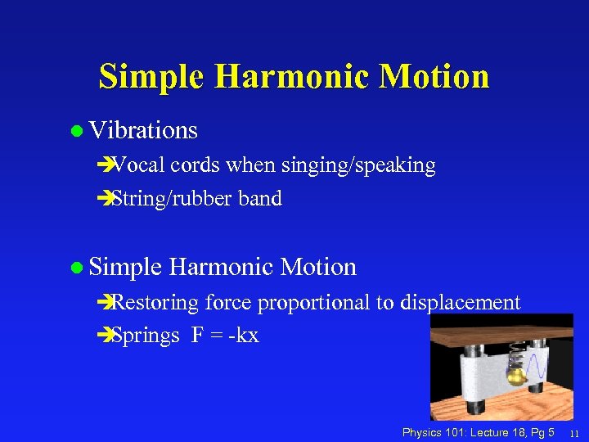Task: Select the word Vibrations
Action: tap(143, 130)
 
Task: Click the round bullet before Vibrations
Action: tap(76, 131)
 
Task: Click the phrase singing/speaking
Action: tap(357, 165)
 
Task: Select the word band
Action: tap(260, 198)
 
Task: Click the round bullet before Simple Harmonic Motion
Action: tap(76, 268)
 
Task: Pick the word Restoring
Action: tap(155, 303)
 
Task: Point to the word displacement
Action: tap(461, 303)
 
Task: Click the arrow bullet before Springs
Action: tap(102, 335)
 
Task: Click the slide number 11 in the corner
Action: tap(574, 433)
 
